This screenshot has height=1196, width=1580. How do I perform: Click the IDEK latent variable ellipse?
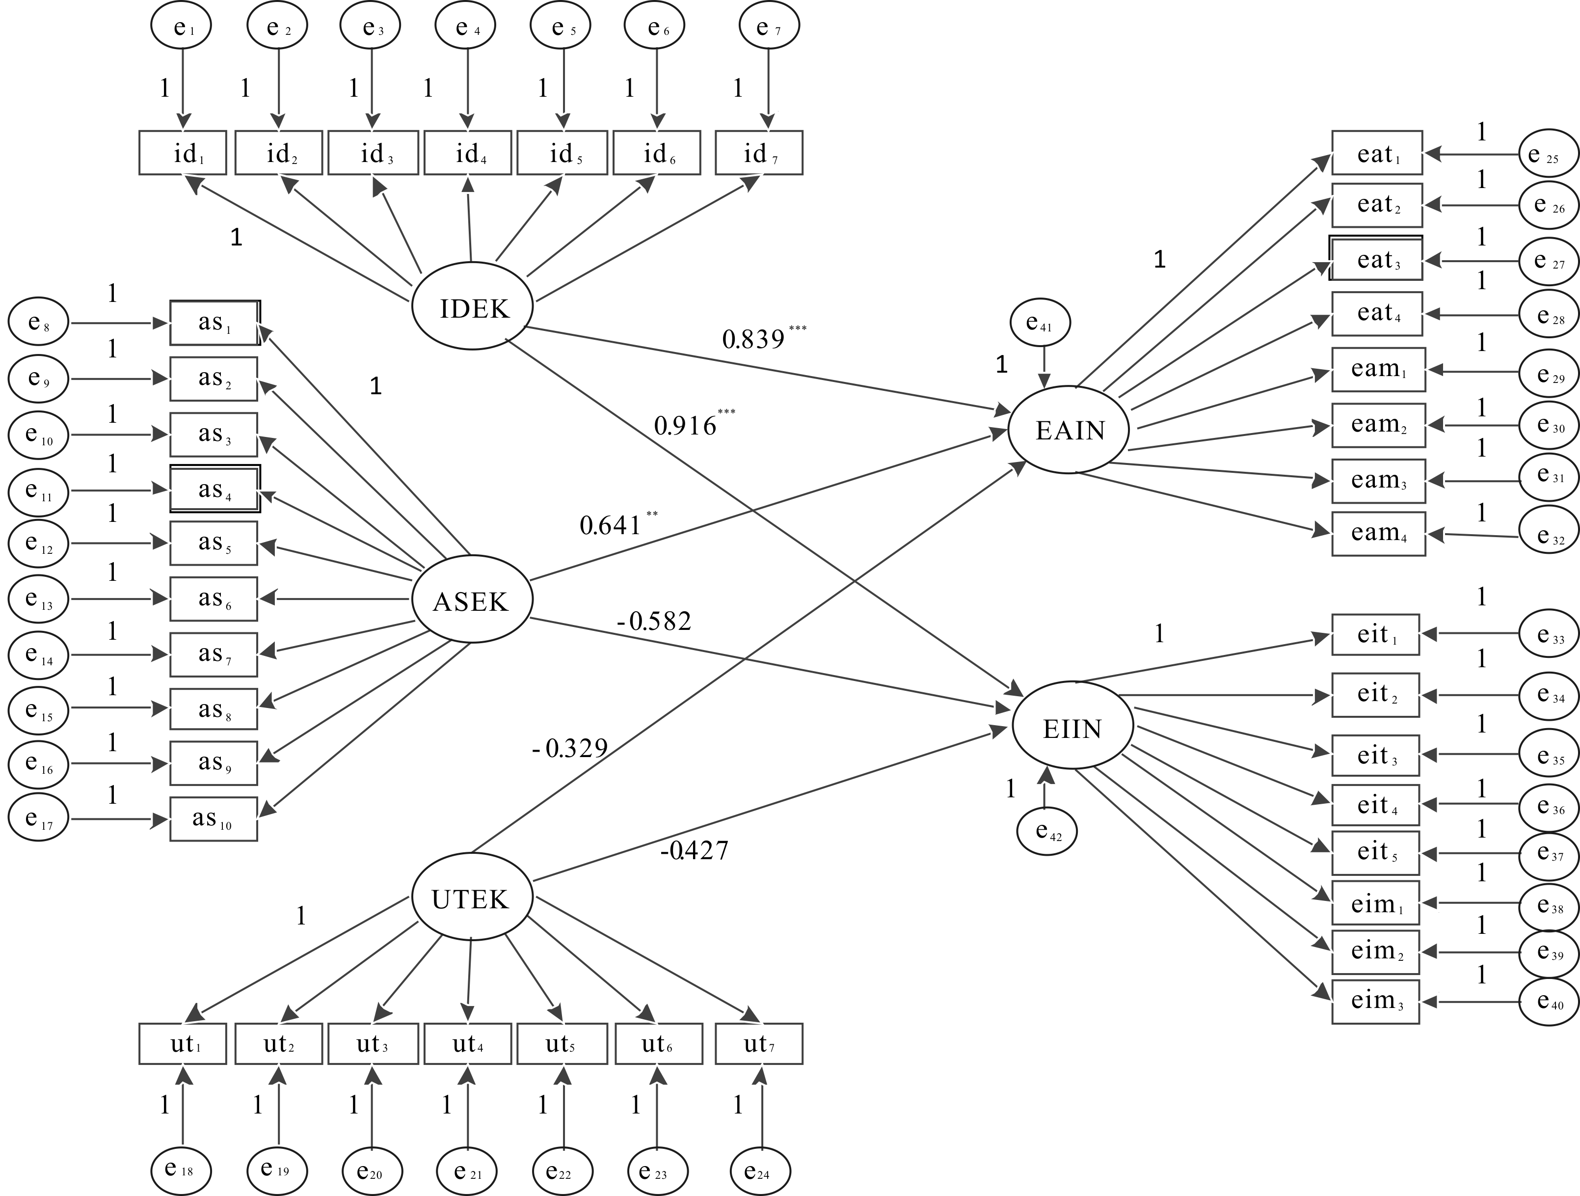(x=472, y=306)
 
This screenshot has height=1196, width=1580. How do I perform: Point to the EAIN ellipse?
(x=1069, y=430)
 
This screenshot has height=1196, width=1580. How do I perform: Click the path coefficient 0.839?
(x=753, y=339)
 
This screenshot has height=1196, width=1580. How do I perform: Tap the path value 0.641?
(x=611, y=525)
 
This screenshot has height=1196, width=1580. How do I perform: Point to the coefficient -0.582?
(x=654, y=621)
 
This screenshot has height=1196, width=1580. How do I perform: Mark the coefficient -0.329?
(x=570, y=748)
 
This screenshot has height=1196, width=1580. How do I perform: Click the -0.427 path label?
(x=694, y=850)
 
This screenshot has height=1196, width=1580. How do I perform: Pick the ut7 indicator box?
(x=758, y=1044)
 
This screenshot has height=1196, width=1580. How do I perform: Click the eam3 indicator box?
(x=1378, y=480)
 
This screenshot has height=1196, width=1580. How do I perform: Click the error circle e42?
(x=1047, y=831)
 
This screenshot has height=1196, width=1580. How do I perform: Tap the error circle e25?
(x=1549, y=154)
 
